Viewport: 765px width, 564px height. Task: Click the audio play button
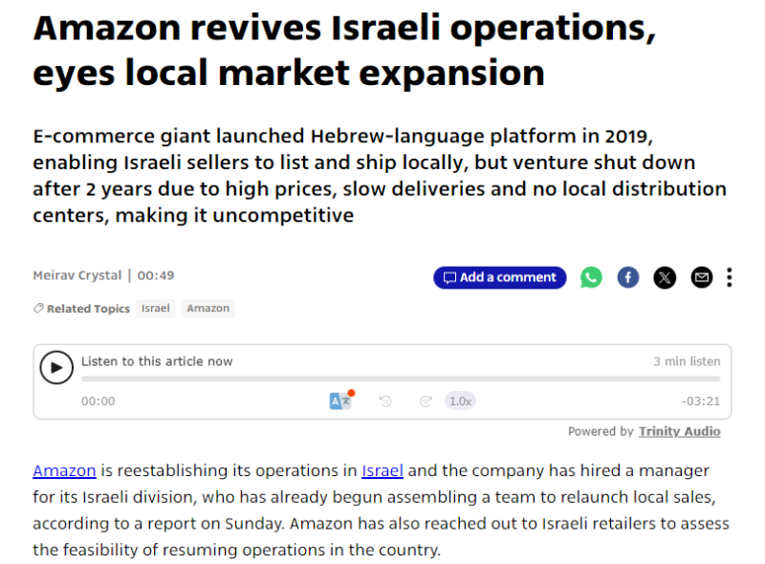[x=56, y=367]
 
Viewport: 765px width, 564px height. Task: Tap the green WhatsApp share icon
[x=592, y=277]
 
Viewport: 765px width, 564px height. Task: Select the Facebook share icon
[x=628, y=277]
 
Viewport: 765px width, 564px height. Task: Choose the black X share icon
[x=665, y=277]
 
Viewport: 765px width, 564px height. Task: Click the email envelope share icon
[x=702, y=277]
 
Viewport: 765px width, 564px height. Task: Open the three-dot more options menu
[x=730, y=277]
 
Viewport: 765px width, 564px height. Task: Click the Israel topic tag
[x=156, y=308]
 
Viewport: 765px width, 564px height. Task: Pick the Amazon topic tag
[x=208, y=308]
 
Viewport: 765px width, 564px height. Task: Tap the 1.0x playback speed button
[x=461, y=401]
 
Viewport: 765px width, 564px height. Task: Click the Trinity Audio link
[x=680, y=431]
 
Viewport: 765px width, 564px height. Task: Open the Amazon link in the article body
[x=65, y=470]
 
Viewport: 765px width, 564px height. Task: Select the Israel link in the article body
[x=382, y=470]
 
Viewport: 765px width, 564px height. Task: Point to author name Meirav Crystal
[x=76, y=275]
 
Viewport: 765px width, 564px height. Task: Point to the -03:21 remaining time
[x=701, y=401]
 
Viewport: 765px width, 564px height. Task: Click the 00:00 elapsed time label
[x=98, y=401]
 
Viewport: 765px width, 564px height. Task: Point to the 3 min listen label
[x=687, y=361]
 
